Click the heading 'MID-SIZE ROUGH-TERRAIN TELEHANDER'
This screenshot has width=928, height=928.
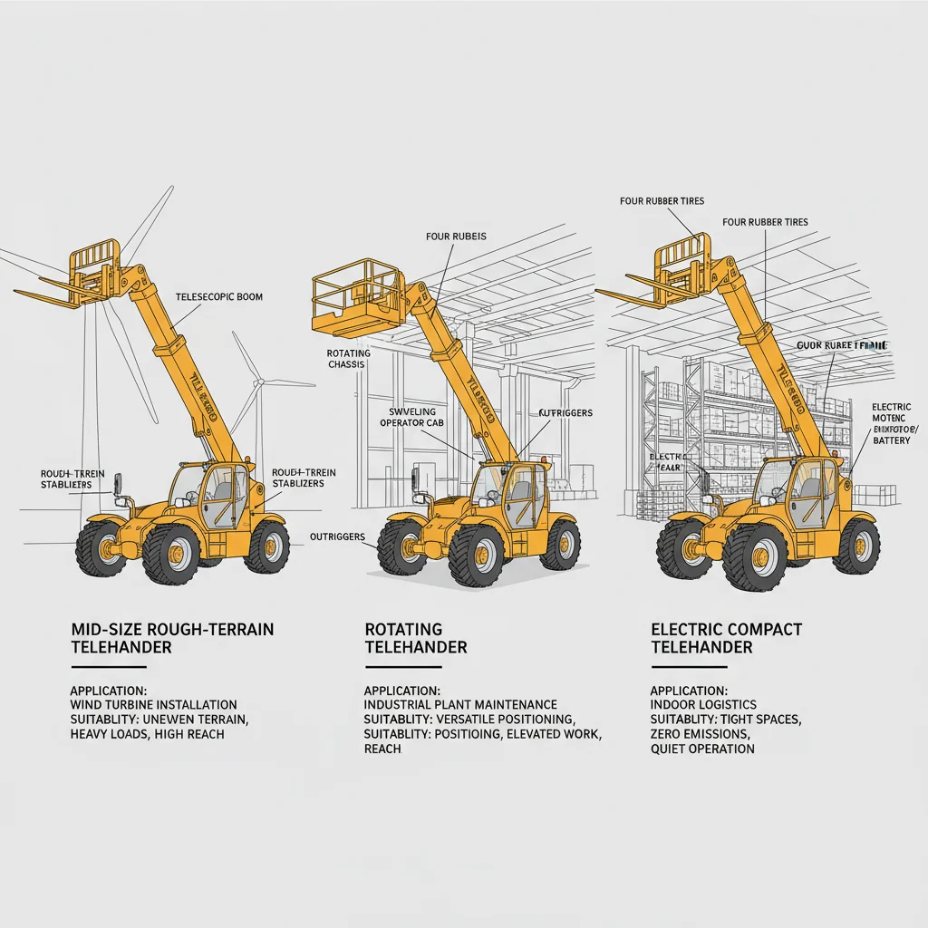point(172,638)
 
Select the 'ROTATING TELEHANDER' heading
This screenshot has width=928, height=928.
point(416,638)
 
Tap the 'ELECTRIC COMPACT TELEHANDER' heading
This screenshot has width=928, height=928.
point(726,638)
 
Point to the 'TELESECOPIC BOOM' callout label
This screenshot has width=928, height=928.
point(218,296)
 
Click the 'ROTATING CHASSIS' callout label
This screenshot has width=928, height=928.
point(345,358)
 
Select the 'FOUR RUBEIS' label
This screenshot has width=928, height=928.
point(456,237)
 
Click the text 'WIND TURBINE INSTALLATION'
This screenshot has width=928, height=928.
point(153,704)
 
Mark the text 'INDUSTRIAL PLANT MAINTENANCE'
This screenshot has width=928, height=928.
point(460,704)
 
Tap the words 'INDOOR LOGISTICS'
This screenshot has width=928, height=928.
point(703,704)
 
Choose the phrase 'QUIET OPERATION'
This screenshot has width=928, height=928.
point(702,749)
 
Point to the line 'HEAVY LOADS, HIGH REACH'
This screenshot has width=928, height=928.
point(147,733)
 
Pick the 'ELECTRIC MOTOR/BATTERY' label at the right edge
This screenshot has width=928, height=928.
point(892,423)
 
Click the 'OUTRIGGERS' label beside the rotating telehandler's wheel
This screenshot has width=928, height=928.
point(336,536)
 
